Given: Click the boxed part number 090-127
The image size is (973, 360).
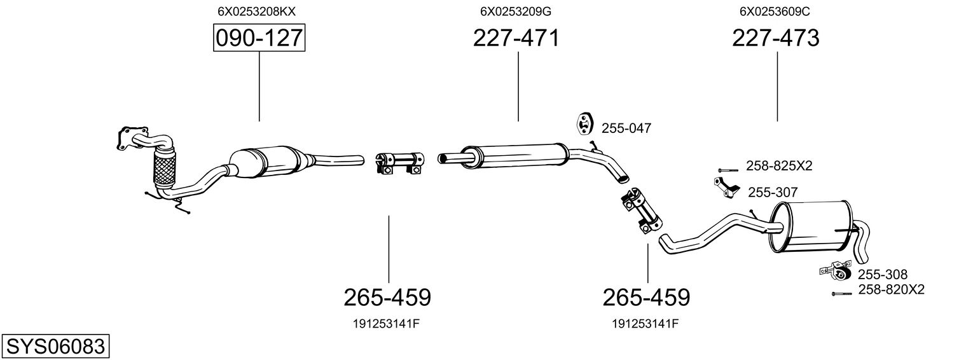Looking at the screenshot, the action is coord(259,39).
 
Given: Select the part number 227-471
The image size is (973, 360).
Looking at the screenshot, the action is coord(516,39).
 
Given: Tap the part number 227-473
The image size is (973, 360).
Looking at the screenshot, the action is coord(776,39).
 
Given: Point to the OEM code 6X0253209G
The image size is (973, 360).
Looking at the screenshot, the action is coord(516,11).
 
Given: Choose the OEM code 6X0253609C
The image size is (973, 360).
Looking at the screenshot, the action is coord(775,11).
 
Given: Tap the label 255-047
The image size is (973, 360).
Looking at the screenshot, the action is coord(626,128).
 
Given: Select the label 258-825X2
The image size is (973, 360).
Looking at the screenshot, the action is coord(780,167).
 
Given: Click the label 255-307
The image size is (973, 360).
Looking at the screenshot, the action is coord(773,192).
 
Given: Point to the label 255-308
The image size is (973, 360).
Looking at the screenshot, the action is coord(883,275).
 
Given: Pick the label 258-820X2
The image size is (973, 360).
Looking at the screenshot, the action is coord(891,290).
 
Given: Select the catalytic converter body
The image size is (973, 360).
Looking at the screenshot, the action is coord(264,162).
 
